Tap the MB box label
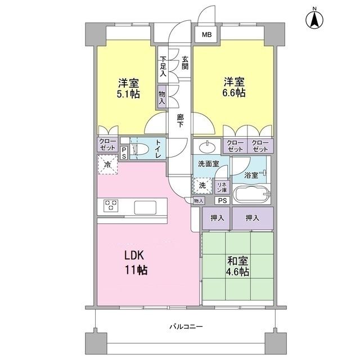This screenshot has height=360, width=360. (207, 35)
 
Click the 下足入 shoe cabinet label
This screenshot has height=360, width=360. (163, 66)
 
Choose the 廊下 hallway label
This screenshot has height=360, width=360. (179, 120)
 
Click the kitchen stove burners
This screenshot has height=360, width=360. (110, 206)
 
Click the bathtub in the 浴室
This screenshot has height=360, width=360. (252, 196)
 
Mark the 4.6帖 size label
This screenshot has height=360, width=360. (238, 272)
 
